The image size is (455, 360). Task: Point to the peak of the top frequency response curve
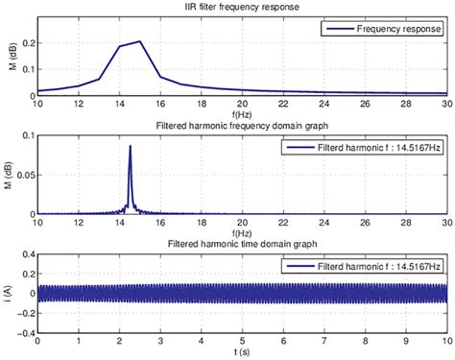click(140, 41)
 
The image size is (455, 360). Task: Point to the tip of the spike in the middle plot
click(130, 146)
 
